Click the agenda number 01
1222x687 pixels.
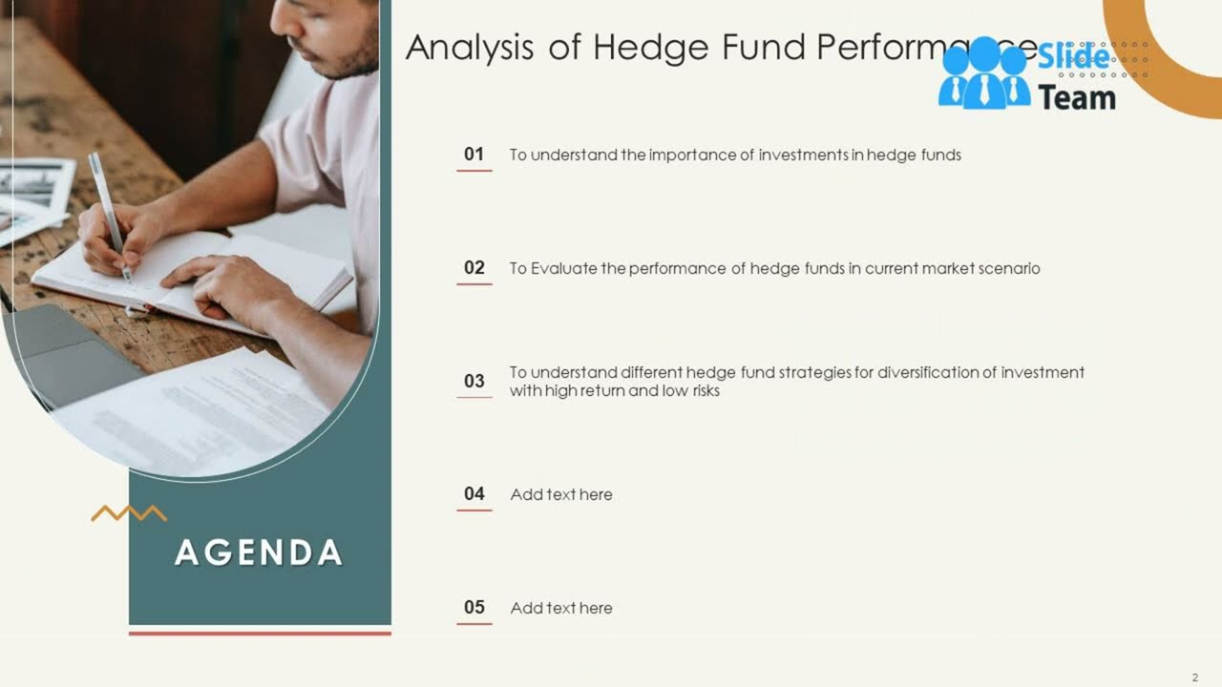474,155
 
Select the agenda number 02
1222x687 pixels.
474,268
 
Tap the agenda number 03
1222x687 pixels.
474,382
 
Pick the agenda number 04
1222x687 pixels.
474,494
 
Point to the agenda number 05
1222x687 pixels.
474,608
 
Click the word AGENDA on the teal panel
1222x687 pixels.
259,553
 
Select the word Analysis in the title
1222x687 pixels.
469,48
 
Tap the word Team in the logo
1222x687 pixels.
1077,97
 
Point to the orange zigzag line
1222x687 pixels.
129,513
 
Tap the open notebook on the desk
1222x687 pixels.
191,277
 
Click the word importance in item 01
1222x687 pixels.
692,155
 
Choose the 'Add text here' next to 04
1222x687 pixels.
561,494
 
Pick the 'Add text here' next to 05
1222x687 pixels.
561,608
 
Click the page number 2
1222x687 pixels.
1194,677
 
